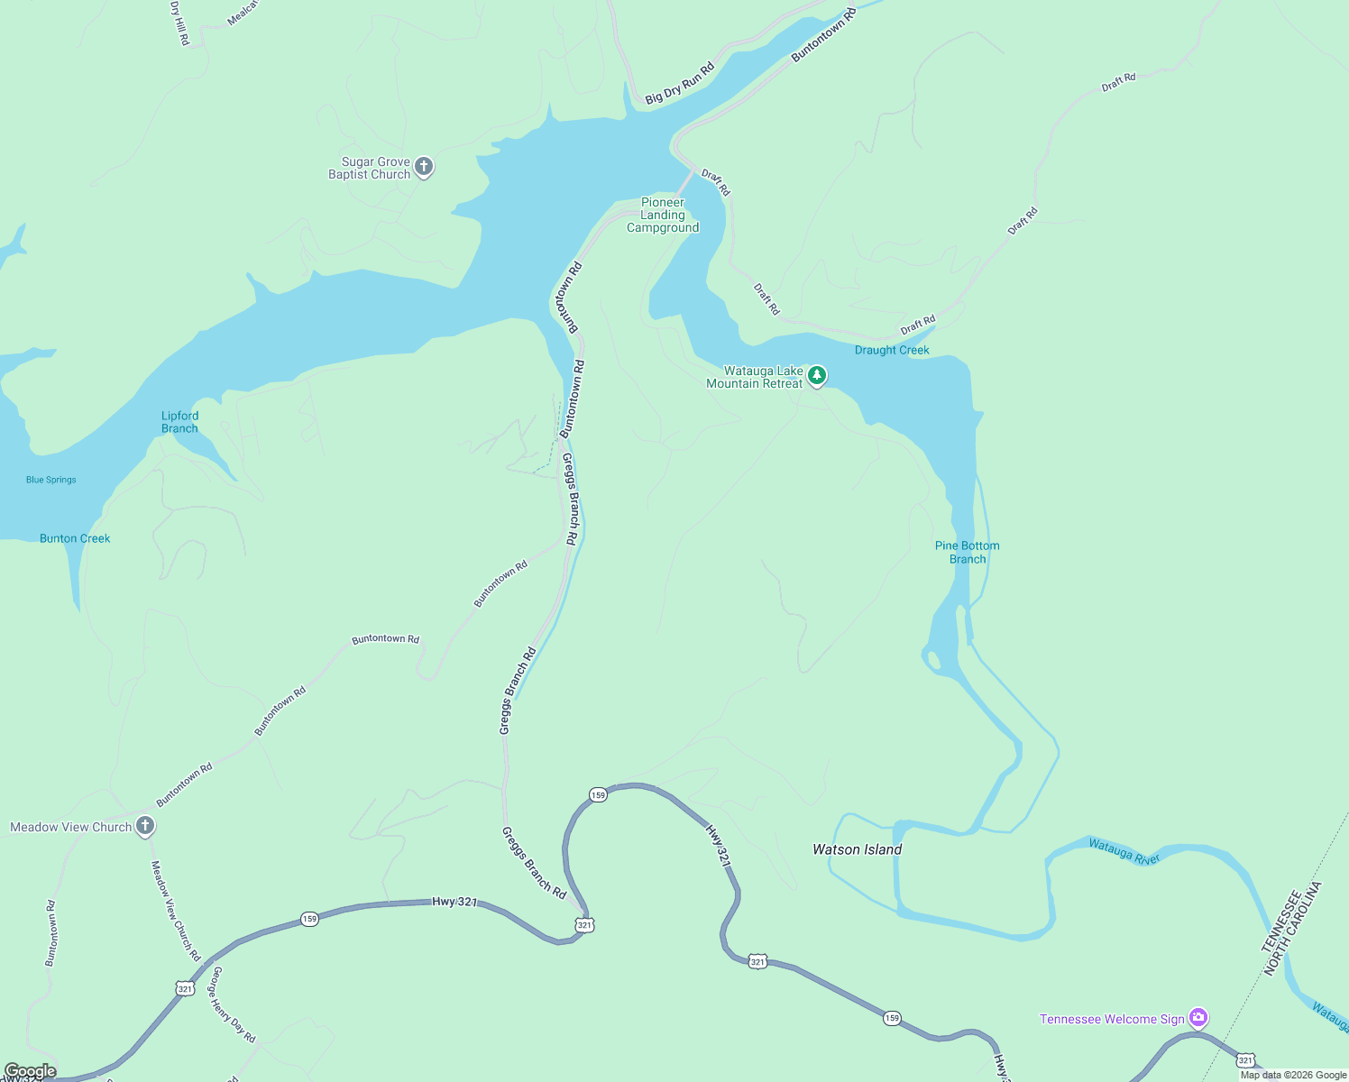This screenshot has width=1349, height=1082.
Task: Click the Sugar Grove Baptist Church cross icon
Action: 424,167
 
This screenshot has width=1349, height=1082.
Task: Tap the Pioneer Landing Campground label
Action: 663,215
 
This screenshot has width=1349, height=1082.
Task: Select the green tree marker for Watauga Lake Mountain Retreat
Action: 816,375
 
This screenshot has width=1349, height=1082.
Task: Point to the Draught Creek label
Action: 891,350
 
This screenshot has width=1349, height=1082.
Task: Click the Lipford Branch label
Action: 179,422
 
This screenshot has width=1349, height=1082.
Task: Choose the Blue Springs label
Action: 51,480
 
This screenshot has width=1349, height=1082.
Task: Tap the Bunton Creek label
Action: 75,538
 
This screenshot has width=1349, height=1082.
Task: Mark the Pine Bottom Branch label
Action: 967,552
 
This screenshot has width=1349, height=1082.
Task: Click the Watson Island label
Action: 857,849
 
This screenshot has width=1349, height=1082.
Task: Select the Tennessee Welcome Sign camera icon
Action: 1198,1018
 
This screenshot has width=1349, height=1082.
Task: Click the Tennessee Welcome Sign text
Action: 1112,1019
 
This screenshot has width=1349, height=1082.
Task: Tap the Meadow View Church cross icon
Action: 145,826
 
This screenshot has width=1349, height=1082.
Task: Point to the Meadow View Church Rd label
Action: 175,910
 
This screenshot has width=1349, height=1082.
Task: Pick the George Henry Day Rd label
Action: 233,1004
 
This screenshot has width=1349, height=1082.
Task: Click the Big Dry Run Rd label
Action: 680,83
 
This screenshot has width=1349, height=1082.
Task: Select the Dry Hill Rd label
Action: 179,23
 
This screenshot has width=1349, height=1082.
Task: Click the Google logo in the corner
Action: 30,1071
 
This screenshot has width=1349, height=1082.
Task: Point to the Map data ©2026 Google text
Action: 1293,1075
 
